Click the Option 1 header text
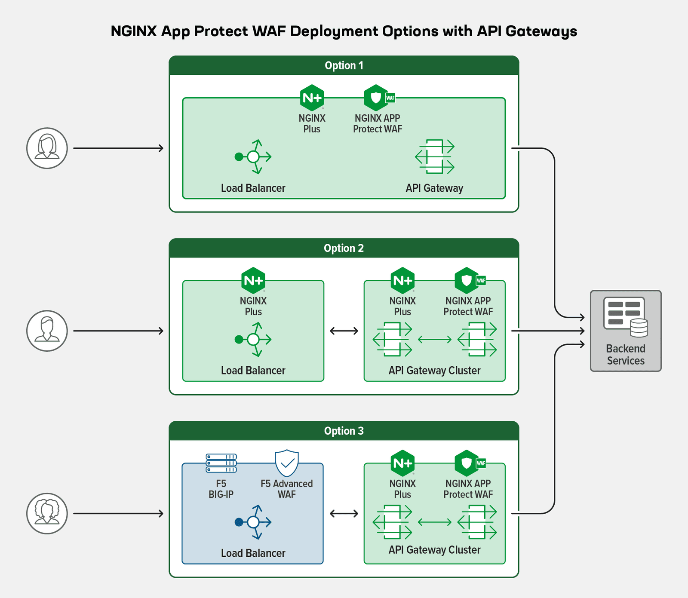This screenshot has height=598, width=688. click(x=344, y=66)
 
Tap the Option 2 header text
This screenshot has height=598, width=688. click(x=344, y=248)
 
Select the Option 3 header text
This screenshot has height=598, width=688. click(x=344, y=431)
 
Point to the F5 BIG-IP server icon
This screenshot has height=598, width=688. click(x=221, y=463)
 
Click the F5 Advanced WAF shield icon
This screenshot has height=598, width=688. click(x=287, y=463)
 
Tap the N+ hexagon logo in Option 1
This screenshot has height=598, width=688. click(x=312, y=98)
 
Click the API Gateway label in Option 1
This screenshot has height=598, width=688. click(x=434, y=188)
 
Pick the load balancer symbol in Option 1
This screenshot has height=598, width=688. click(x=254, y=157)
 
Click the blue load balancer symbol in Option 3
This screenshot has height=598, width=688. click(x=254, y=522)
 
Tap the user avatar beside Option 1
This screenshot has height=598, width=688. click(x=47, y=148)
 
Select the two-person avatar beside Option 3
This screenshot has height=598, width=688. click(x=47, y=513)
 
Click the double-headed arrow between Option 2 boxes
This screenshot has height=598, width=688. click(x=344, y=331)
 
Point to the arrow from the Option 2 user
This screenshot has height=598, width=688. click(x=118, y=331)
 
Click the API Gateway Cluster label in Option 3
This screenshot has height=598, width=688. click(x=434, y=550)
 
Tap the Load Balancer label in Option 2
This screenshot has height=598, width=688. click(x=253, y=371)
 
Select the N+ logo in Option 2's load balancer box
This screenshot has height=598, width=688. click(x=253, y=280)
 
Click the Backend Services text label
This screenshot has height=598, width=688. click(x=626, y=355)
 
